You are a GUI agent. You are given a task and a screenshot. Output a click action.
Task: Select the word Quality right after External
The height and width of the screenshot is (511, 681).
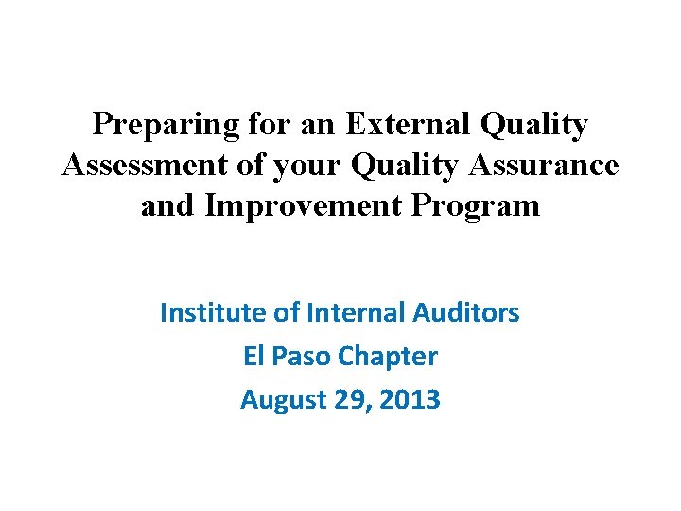[535, 125]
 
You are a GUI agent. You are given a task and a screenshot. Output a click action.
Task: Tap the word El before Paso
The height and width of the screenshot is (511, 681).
[253, 356]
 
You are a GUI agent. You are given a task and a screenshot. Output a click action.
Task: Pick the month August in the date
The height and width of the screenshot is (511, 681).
[284, 400]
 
